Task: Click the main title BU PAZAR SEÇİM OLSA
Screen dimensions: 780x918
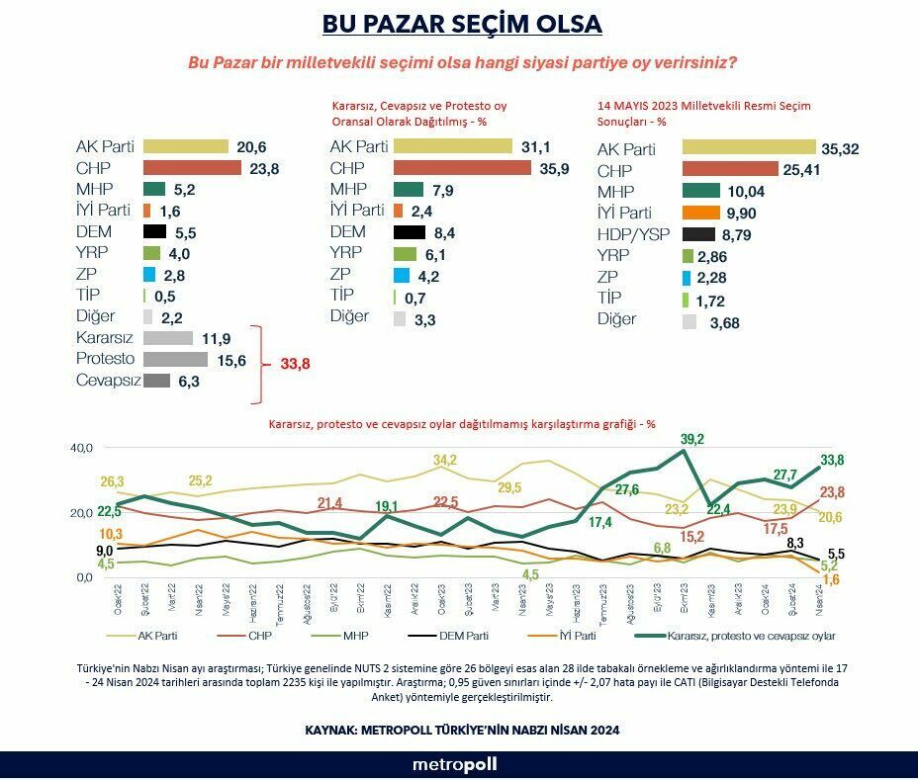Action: (x=462, y=24)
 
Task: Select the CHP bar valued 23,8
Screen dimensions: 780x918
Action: (x=192, y=168)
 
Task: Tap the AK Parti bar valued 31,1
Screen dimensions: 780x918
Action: (x=453, y=146)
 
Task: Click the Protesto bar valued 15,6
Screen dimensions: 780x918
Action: (x=175, y=359)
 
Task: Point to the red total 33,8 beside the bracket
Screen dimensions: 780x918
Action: (x=295, y=364)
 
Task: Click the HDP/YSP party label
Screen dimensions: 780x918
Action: (x=634, y=234)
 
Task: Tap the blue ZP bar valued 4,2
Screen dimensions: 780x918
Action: (x=400, y=275)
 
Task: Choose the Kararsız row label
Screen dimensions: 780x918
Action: (x=105, y=337)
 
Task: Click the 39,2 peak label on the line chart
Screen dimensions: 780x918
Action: (x=691, y=439)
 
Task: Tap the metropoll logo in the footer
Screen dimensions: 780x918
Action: (x=455, y=764)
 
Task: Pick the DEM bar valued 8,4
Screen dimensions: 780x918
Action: (x=416, y=232)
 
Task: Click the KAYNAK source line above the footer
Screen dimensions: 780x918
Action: (x=462, y=730)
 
